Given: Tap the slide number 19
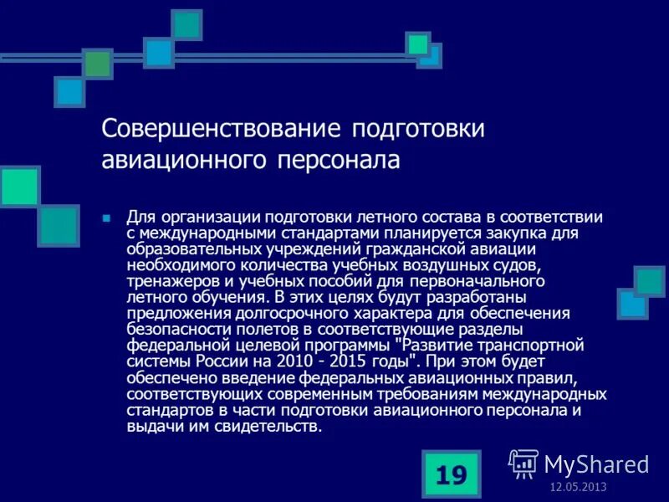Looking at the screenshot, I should [x=451, y=475].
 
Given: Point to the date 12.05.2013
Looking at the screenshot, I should [x=578, y=488].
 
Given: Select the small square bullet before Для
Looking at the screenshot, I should [x=106, y=218].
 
